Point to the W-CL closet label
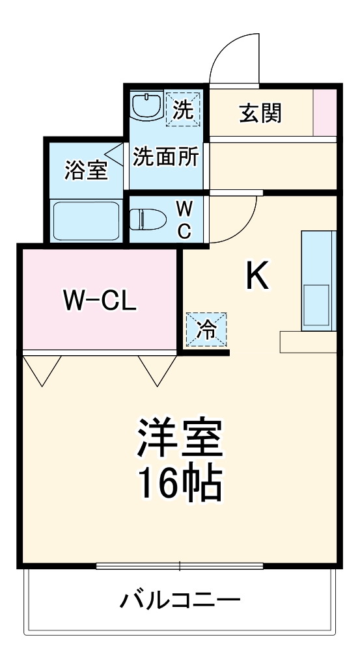pyautogui.click(x=100, y=300)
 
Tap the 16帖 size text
pyautogui.click(x=180, y=483)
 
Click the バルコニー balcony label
pyautogui.click(x=180, y=598)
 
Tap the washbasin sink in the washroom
pyautogui.click(x=146, y=106)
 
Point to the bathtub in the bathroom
pyautogui.click(x=85, y=220)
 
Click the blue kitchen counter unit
pyautogui.click(x=318, y=280)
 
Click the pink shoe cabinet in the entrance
pyautogui.click(x=325, y=113)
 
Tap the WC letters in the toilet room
pyautogui.click(x=185, y=220)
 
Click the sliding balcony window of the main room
pyautogui.click(x=180, y=565)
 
